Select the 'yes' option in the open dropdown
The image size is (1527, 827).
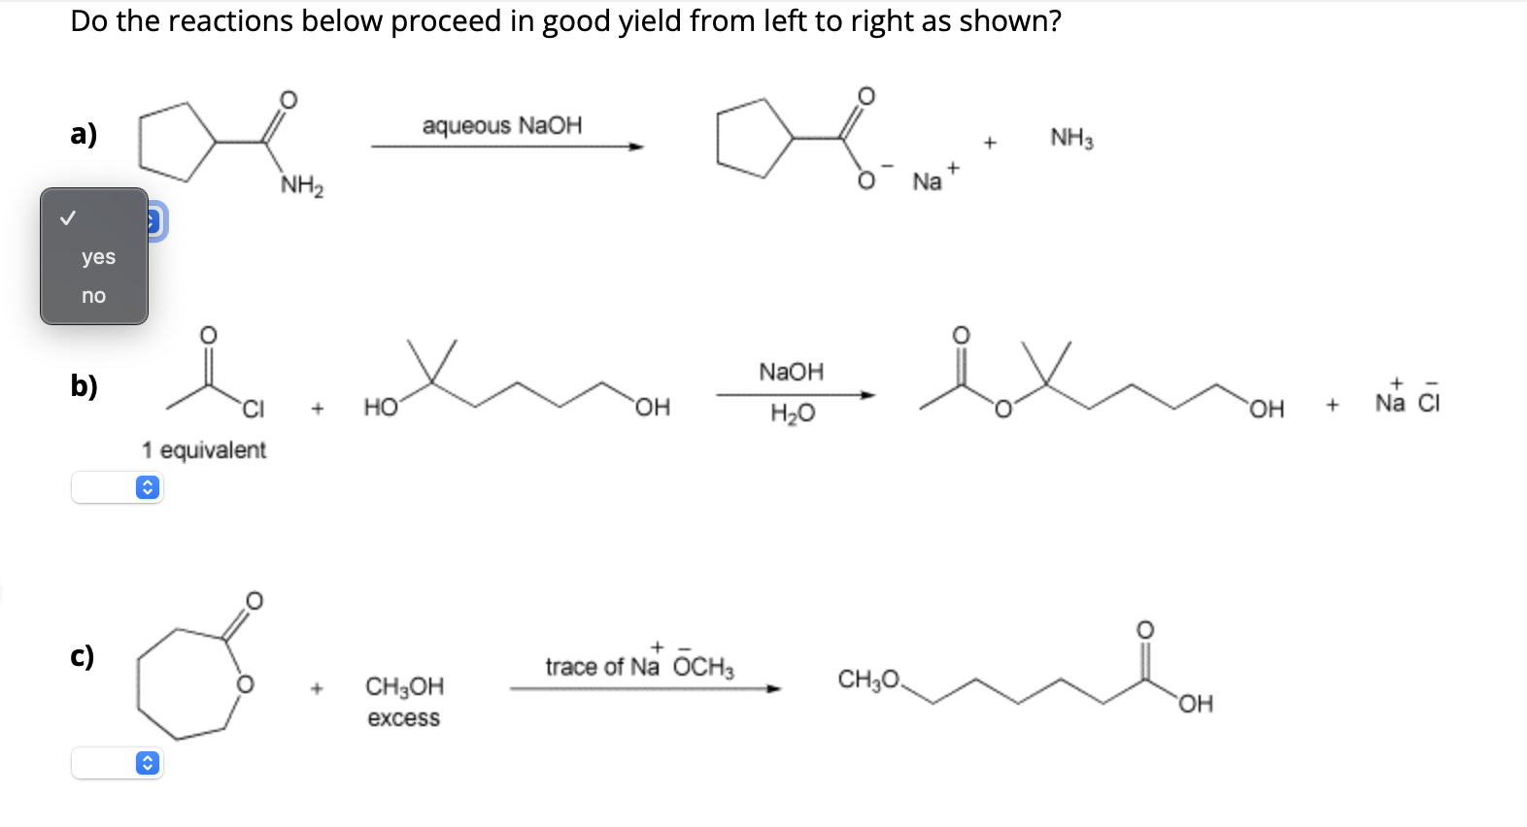click(98, 257)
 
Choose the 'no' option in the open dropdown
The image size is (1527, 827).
click(93, 296)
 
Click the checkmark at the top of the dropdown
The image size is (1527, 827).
click(67, 218)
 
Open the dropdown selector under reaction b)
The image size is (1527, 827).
click(118, 487)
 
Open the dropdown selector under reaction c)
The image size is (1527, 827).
click(118, 763)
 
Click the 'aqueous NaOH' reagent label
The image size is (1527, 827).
click(502, 125)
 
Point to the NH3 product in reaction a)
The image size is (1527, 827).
click(1071, 138)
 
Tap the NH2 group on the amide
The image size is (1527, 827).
click(302, 184)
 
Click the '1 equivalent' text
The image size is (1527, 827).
click(203, 450)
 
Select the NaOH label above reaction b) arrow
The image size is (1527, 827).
click(791, 372)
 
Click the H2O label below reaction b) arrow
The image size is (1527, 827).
click(793, 414)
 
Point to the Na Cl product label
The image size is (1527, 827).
click(1408, 401)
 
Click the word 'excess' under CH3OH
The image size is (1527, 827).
click(403, 718)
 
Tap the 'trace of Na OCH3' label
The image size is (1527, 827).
click(639, 666)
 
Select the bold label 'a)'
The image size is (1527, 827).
click(84, 133)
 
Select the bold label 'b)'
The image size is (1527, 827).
click(84, 385)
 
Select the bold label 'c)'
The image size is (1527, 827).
click(83, 656)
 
